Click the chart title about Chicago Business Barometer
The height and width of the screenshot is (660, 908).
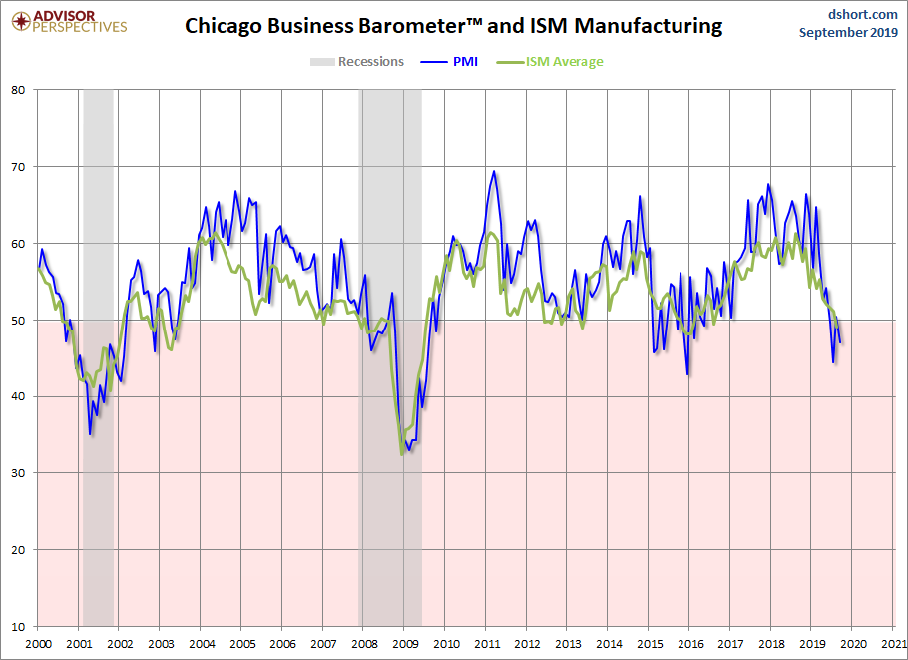click(x=453, y=26)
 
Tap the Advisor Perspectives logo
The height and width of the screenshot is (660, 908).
click(x=70, y=22)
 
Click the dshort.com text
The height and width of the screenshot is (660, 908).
click(x=863, y=14)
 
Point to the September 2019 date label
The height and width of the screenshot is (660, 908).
click(x=848, y=32)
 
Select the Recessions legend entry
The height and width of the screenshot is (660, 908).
click(x=357, y=62)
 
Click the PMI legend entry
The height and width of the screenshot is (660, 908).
click(x=449, y=62)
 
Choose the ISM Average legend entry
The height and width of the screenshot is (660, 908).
click(x=550, y=62)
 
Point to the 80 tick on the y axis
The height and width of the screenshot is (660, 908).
click(x=18, y=90)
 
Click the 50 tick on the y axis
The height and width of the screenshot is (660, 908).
click(x=18, y=320)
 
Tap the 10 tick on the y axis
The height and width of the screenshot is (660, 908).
click(x=18, y=626)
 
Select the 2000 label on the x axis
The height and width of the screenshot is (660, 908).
click(x=38, y=644)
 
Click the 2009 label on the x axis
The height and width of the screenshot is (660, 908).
click(x=405, y=644)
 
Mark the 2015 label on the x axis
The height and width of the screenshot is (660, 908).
click(x=650, y=644)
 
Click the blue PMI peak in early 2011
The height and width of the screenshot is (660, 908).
click(x=493, y=171)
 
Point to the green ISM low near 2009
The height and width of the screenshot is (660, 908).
click(x=402, y=454)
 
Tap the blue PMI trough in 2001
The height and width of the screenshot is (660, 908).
click(x=90, y=434)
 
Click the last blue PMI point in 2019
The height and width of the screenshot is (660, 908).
click(x=840, y=343)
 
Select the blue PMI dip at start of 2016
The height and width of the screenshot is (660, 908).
click(x=687, y=374)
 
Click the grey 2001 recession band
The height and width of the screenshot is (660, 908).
click(x=99, y=358)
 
